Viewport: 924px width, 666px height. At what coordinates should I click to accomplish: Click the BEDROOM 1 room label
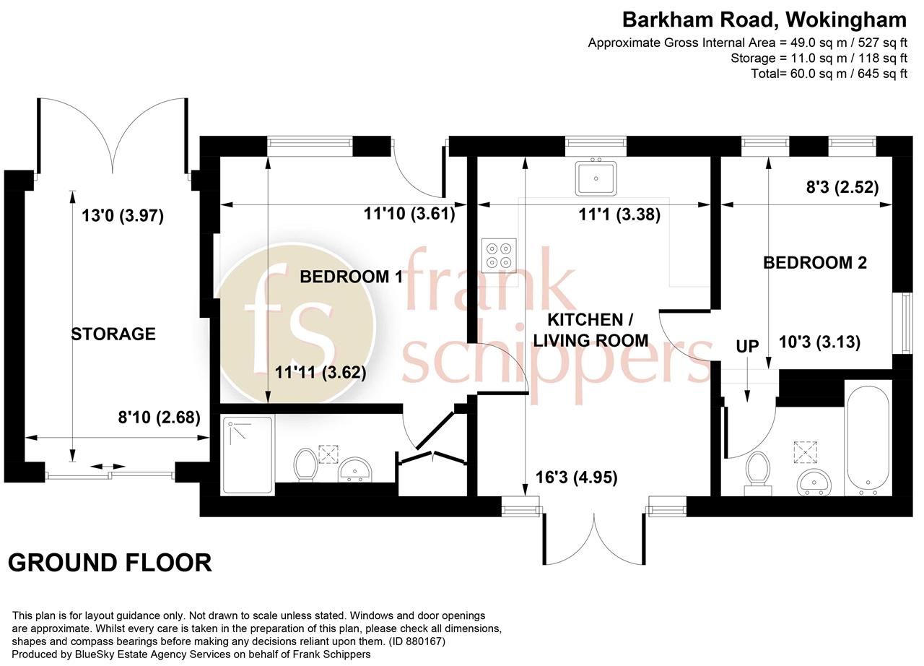pyautogui.click(x=351, y=277)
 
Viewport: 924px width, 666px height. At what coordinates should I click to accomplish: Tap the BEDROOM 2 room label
pyautogui.click(x=815, y=263)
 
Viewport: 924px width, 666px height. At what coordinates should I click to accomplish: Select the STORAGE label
pyautogui.click(x=113, y=334)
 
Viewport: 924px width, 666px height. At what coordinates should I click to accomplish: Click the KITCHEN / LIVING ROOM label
pyautogui.click(x=585, y=329)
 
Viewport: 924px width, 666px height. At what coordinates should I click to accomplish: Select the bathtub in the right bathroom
pyautogui.click(x=868, y=436)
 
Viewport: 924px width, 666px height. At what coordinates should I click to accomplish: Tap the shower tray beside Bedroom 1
pyautogui.click(x=248, y=454)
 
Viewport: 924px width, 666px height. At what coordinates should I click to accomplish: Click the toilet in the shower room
pyautogui.click(x=306, y=463)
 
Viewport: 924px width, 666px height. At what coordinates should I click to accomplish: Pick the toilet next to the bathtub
pyautogui.click(x=757, y=471)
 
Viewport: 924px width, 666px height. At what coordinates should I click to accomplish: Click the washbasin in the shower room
pyautogui.click(x=355, y=470)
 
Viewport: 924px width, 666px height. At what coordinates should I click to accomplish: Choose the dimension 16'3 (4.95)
pyautogui.click(x=576, y=477)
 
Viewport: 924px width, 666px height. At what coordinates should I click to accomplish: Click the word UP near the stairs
pyautogui.click(x=747, y=347)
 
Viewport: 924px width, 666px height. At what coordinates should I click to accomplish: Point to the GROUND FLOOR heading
pyautogui.click(x=110, y=562)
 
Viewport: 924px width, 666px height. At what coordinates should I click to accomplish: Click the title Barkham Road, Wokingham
pyautogui.click(x=764, y=20)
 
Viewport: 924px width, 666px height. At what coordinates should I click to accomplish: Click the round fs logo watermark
pyautogui.click(x=296, y=322)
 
